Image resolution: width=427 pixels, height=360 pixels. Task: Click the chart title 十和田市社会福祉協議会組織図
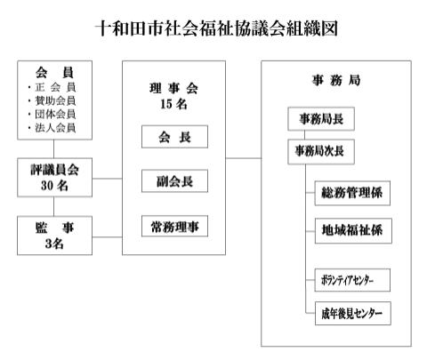point(216,29)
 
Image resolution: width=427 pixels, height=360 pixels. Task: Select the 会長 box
point(174,137)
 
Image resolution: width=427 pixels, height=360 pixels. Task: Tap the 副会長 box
point(174,181)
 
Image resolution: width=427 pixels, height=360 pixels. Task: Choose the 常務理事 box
point(174,227)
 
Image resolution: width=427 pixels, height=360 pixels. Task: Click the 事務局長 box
point(321,119)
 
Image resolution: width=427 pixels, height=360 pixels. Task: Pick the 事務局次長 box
point(321,151)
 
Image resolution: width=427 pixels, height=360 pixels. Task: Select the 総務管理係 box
point(352,193)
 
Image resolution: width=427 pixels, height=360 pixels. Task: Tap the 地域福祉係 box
point(353,231)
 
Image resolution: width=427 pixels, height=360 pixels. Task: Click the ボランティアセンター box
point(352,280)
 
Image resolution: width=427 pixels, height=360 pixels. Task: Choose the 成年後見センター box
point(353,314)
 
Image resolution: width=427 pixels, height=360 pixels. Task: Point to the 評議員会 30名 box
point(54,178)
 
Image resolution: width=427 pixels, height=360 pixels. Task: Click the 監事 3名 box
point(54,236)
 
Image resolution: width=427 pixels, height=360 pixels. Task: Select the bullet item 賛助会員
point(52,100)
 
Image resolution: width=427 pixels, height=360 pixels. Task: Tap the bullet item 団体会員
point(52,114)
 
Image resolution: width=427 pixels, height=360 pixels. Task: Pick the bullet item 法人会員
point(52,128)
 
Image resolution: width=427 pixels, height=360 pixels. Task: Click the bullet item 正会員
point(52,87)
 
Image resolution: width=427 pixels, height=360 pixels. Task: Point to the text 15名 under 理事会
point(173,104)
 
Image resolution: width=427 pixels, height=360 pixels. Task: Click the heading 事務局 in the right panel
point(336,80)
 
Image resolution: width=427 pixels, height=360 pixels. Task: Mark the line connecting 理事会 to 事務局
point(243,158)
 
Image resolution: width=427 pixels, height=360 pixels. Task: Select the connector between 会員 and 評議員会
point(53,148)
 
